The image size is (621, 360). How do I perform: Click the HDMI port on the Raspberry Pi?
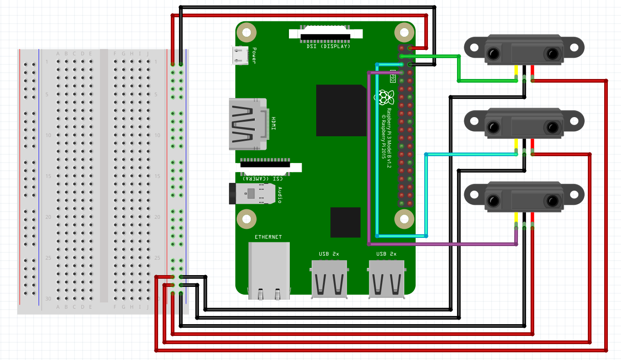(248, 124)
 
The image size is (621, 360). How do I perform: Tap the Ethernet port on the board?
(269, 271)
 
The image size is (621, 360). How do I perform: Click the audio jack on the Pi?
(252, 193)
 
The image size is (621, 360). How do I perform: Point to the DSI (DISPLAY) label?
(326, 46)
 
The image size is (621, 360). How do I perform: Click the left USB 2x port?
(329, 278)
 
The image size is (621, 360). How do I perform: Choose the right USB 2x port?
(387, 278)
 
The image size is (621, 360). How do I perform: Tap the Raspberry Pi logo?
(384, 97)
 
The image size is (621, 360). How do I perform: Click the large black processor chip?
(341, 110)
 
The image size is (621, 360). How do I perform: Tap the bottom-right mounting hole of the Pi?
(404, 219)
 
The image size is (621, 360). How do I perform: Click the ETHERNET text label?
(268, 237)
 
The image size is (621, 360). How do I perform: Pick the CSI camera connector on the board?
(265, 166)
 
